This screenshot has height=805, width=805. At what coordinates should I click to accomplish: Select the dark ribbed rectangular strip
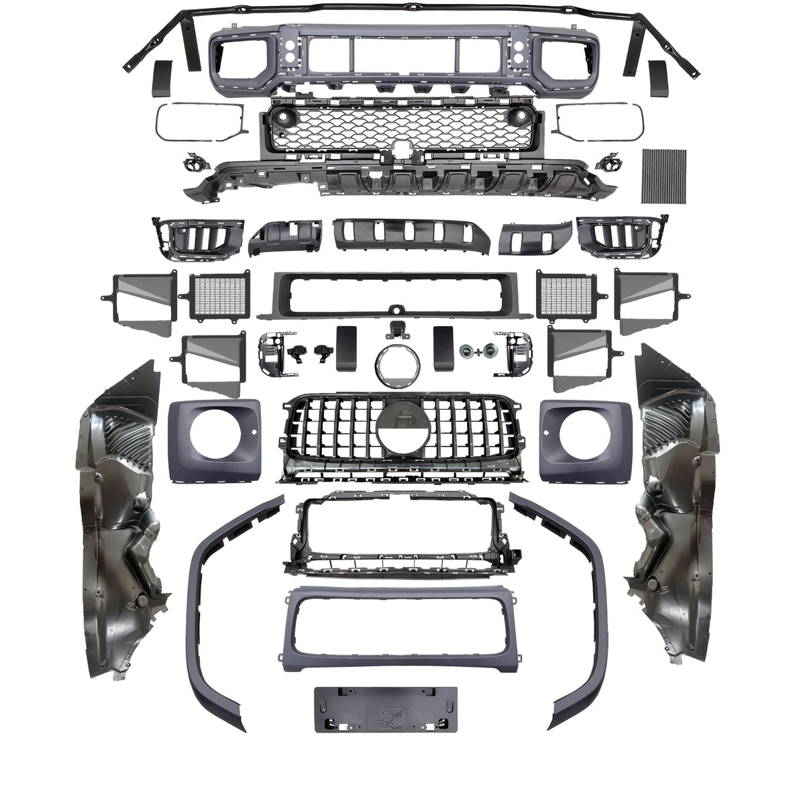point(664,174)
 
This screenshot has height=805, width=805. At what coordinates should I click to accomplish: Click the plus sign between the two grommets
point(477,351)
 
